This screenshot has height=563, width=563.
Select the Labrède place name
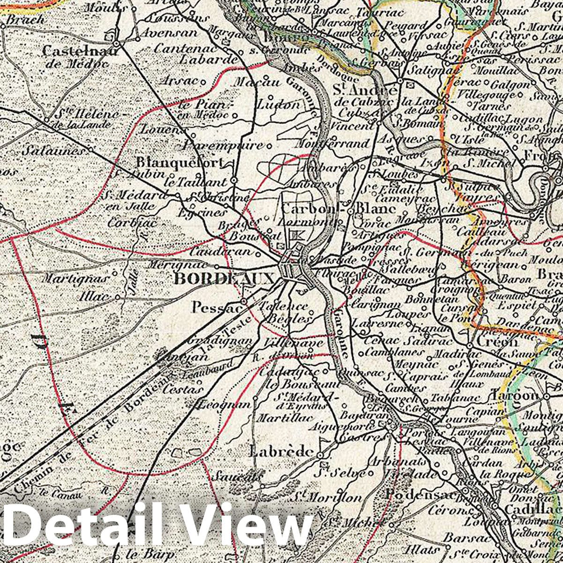pyautogui.click(x=281, y=451)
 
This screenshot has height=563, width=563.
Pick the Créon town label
pyautogui.click(x=498, y=342)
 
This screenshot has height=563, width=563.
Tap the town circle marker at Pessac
pyautogui.click(x=244, y=301)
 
